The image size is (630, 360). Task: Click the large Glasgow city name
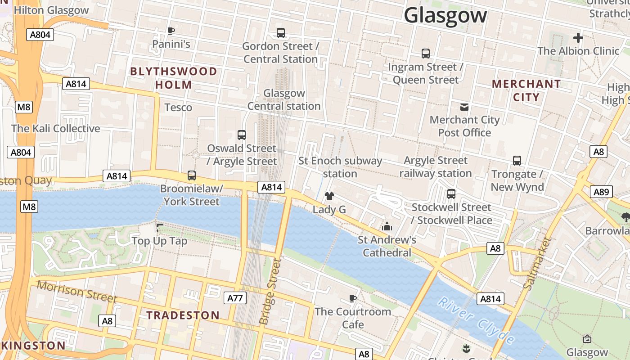point(445,15)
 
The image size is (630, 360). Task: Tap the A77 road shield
point(235,297)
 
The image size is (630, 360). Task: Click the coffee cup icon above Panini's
point(171,31)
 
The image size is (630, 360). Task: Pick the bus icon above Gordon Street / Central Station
point(281,32)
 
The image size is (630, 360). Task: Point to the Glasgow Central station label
point(284,99)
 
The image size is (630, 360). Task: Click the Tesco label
point(178,107)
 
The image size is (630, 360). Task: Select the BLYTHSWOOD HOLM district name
point(174,78)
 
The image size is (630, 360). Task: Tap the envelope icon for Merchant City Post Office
point(464,107)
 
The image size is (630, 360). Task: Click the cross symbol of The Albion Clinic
point(578,38)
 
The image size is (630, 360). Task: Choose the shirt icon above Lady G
point(329,196)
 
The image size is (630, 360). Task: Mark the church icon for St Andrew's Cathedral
point(387,227)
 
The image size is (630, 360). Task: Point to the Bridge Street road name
point(270,292)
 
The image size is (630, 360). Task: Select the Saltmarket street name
point(537,263)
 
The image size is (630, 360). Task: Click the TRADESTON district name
point(183,315)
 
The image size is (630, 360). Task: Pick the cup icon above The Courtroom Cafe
point(353,298)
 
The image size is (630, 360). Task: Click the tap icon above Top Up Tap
point(159,228)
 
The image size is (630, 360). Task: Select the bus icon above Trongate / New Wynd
point(517,161)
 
